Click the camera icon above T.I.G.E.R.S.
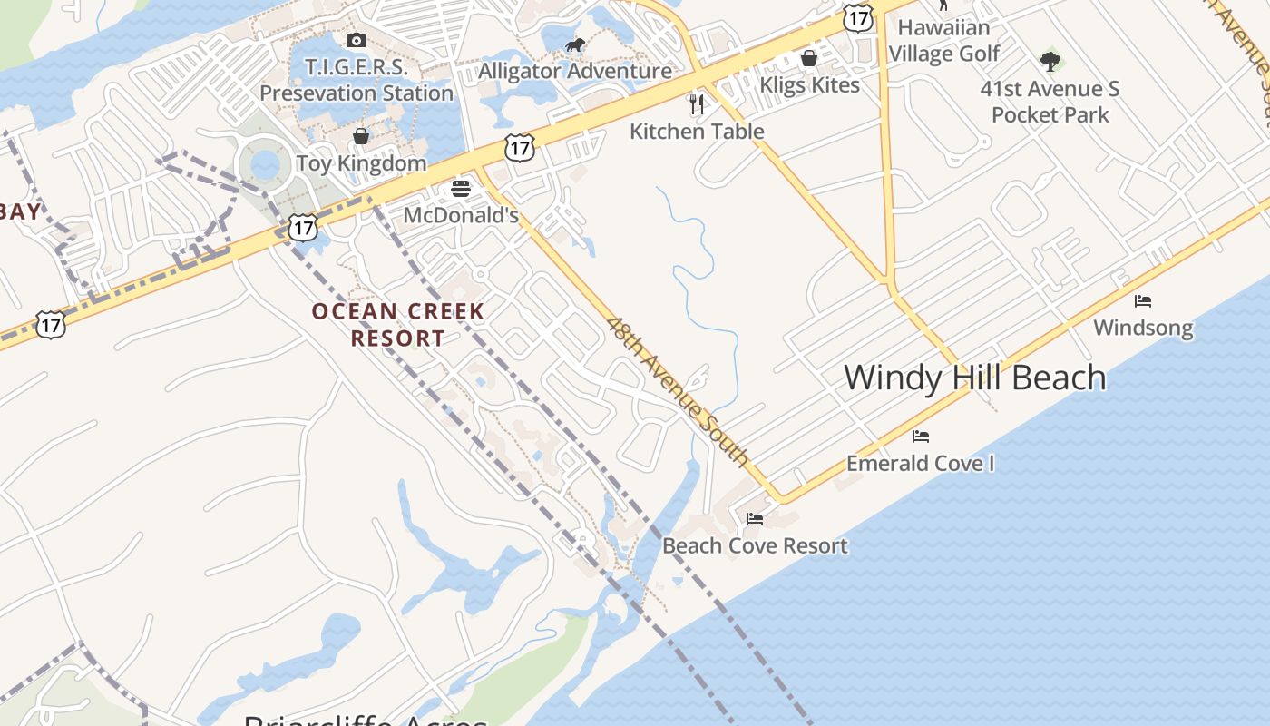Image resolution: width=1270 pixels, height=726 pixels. pyautogui.click(x=357, y=40)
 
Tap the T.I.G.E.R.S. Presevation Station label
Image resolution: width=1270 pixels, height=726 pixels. pyautogui.click(x=357, y=80)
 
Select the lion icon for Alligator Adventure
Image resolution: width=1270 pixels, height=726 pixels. pyautogui.click(x=574, y=45)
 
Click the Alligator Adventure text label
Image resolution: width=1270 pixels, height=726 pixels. pyautogui.click(x=575, y=71)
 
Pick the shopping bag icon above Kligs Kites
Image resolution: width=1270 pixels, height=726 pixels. pyautogui.click(x=809, y=59)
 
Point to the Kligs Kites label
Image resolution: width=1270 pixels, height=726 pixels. pyautogui.click(x=809, y=85)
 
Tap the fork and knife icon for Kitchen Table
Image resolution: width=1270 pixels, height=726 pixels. pyautogui.click(x=697, y=104)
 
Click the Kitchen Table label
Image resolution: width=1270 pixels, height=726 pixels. pyautogui.click(x=697, y=132)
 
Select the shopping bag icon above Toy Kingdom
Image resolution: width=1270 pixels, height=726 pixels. pyautogui.click(x=361, y=136)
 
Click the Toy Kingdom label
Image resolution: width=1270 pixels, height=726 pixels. pyautogui.click(x=361, y=163)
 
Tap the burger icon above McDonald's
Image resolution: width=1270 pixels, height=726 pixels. pyautogui.click(x=461, y=189)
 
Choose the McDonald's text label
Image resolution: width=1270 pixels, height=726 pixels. pyautogui.click(x=461, y=215)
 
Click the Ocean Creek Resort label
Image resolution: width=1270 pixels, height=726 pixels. pyautogui.click(x=398, y=325)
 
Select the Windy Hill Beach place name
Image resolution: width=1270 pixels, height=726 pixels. pyautogui.click(x=975, y=378)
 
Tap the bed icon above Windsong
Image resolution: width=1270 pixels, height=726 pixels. pyautogui.click(x=1143, y=301)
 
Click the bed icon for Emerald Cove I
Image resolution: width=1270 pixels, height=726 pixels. pyautogui.click(x=921, y=437)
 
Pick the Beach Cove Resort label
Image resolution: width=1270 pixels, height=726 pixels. pyautogui.click(x=755, y=545)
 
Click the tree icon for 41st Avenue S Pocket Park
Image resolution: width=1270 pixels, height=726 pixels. pyautogui.click(x=1050, y=62)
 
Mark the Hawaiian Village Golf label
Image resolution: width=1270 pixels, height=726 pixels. pyautogui.click(x=943, y=41)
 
